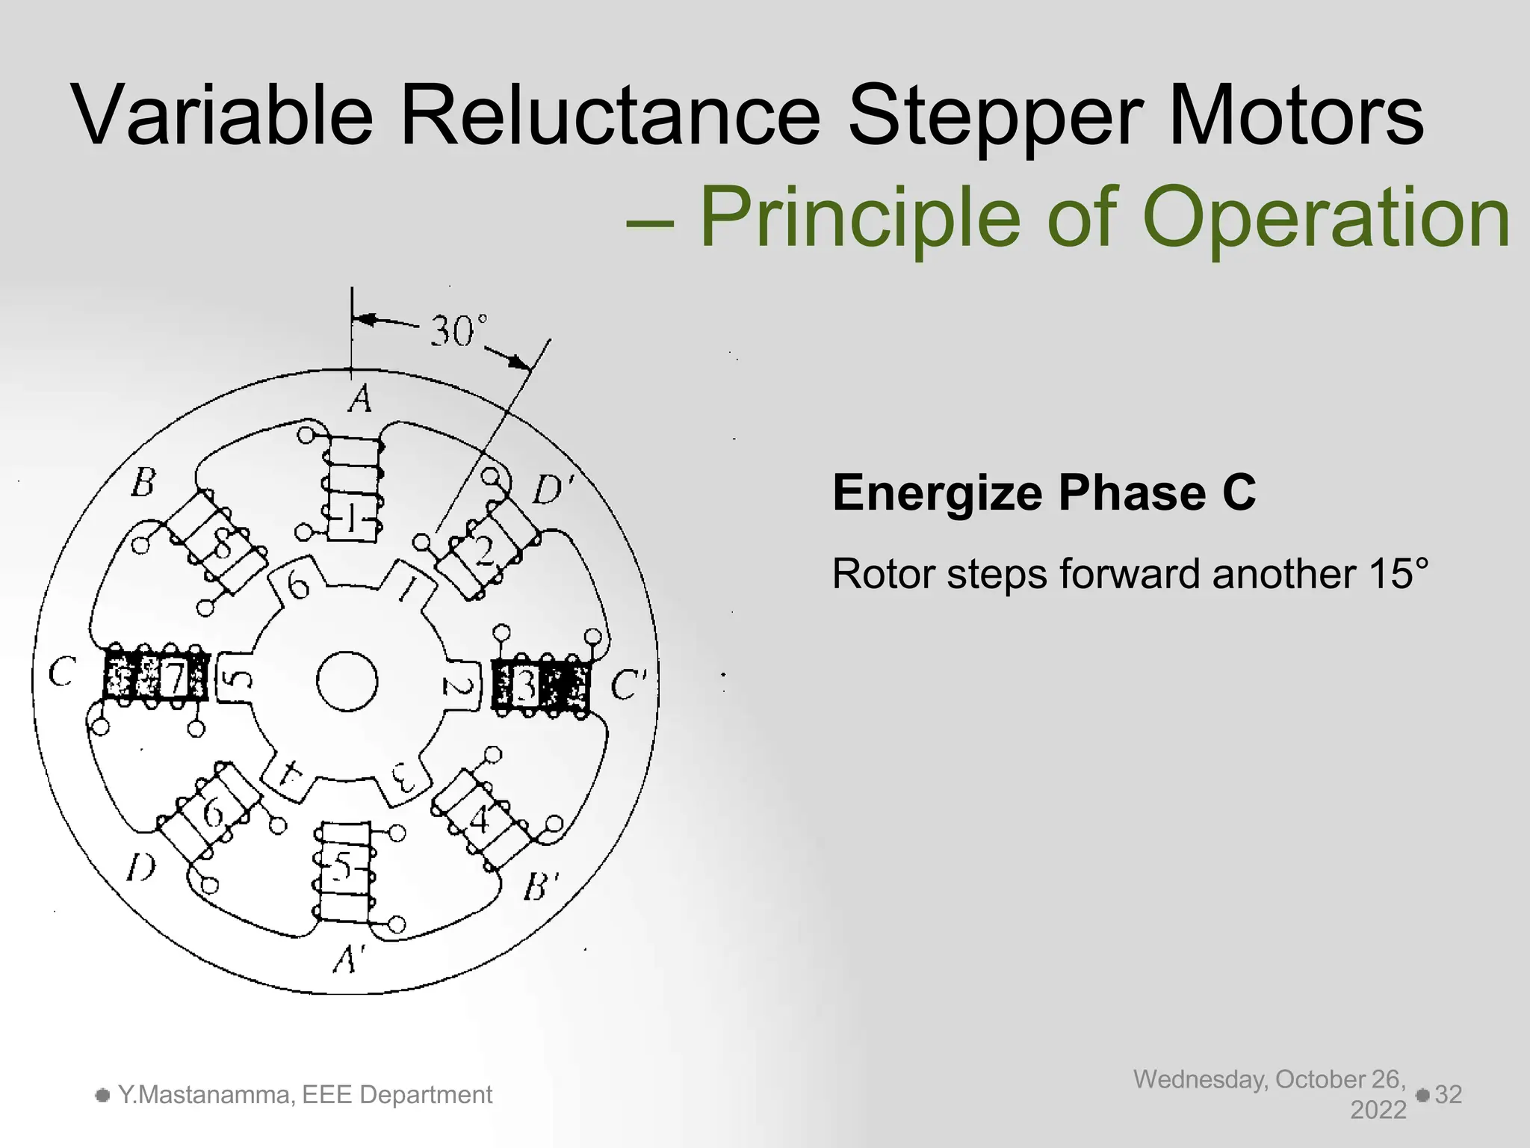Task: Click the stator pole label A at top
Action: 360,398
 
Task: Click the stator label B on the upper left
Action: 143,483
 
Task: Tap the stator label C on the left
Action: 61,673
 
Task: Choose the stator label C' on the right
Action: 628,685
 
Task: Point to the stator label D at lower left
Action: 140,868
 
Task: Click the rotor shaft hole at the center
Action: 347,682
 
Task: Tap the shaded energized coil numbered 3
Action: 541,685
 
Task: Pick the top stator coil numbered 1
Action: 353,487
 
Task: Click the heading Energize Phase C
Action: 1044,493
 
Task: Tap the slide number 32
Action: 1448,1094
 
